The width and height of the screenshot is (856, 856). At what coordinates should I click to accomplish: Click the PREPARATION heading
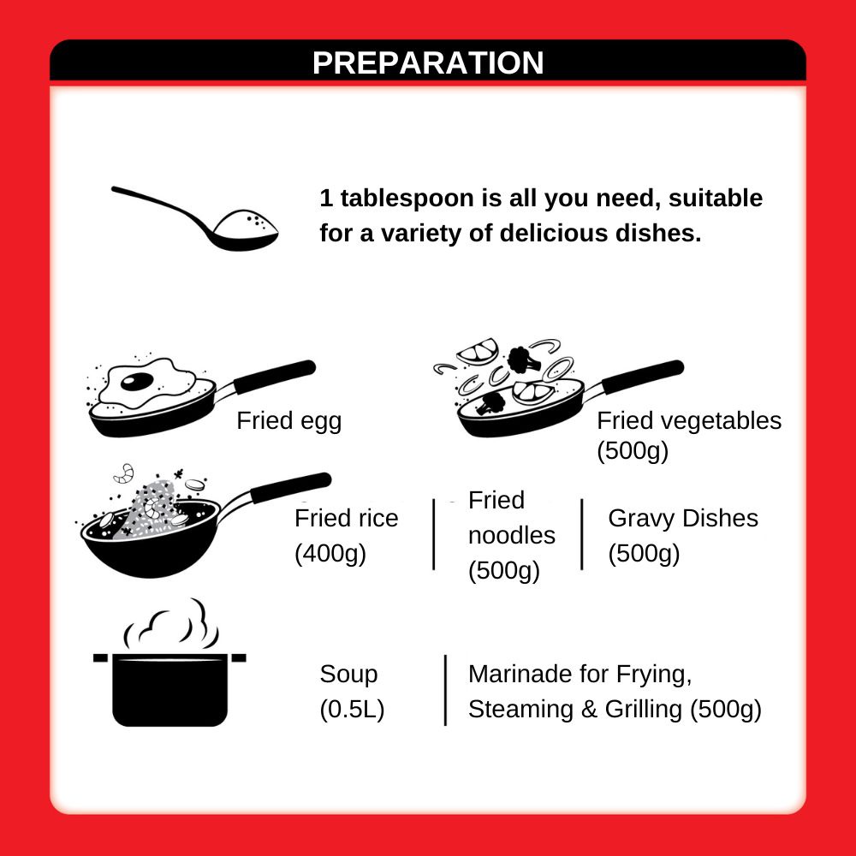[428, 62]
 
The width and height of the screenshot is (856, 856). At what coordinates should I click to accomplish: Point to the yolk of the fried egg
[136, 381]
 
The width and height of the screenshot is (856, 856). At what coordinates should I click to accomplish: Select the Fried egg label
[288, 422]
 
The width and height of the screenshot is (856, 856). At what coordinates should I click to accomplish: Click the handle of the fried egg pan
[275, 376]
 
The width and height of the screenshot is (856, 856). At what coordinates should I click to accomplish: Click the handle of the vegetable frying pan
[643, 377]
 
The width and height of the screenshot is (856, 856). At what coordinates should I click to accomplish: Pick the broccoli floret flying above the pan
[523, 360]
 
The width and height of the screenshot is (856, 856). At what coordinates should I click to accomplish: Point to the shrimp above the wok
[124, 473]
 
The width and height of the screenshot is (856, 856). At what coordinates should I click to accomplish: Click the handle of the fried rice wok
[291, 488]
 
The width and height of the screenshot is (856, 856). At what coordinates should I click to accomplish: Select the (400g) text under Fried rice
[330, 554]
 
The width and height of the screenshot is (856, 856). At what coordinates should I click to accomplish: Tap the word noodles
[512, 536]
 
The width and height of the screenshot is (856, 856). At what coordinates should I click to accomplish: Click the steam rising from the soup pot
[172, 623]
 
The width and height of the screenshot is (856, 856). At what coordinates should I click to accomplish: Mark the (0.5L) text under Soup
[352, 710]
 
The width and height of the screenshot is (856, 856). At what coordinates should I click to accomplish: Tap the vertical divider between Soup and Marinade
[445, 690]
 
